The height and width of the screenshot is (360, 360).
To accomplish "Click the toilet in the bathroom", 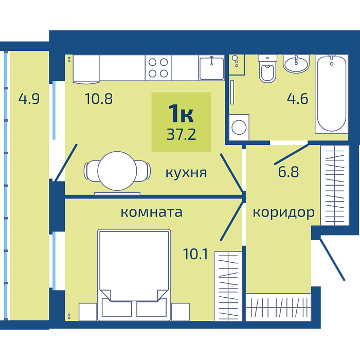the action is [x=267, y=68].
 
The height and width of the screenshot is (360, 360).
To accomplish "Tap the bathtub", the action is [x=331, y=94].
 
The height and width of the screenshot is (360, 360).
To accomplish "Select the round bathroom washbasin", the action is [x=296, y=64].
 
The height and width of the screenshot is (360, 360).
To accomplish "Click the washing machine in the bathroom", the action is [x=239, y=127].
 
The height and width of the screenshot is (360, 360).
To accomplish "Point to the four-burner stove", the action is [x=158, y=68].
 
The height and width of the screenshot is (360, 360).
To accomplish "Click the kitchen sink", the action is [x=211, y=68].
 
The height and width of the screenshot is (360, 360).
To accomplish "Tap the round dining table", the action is [x=117, y=171].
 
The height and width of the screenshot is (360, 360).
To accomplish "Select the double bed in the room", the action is [x=134, y=275].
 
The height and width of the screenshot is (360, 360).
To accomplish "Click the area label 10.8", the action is [x=99, y=99].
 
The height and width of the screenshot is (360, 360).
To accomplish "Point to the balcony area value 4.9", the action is [x=29, y=99].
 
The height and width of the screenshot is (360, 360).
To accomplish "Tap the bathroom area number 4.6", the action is [x=297, y=99].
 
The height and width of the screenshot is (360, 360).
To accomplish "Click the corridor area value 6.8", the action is [x=289, y=172].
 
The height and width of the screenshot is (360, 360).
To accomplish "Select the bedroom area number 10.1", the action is [x=195, y=254].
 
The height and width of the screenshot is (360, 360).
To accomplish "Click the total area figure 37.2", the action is [x=182, y=134].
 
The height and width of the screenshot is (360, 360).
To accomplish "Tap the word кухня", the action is [x=186, y=173].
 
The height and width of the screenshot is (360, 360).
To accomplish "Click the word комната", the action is [x=152, y=212].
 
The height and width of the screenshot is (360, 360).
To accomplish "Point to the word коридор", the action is [x=283, y=213].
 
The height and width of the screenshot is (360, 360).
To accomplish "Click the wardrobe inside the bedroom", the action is [x=228, y=286].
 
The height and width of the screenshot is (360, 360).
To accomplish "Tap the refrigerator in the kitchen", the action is [x=86, y=68].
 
